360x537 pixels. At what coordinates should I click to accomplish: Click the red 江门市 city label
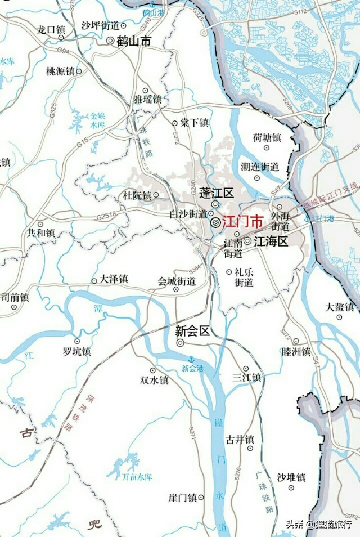235,222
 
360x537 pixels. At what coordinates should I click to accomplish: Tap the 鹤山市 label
133,41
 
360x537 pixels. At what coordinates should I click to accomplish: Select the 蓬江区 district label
216,193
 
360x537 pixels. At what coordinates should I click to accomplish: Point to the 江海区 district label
271,241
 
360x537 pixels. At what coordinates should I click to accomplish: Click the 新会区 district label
192,331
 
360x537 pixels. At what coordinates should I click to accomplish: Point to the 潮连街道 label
260,167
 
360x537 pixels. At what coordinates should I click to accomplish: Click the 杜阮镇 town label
137,196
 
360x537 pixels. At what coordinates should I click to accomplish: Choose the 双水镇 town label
154,381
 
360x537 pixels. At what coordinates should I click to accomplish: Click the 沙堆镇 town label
291,477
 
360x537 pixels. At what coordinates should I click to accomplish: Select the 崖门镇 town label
182,498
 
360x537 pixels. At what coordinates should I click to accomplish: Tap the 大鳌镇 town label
340,307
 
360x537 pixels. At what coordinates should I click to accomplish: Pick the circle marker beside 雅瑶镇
145,90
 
